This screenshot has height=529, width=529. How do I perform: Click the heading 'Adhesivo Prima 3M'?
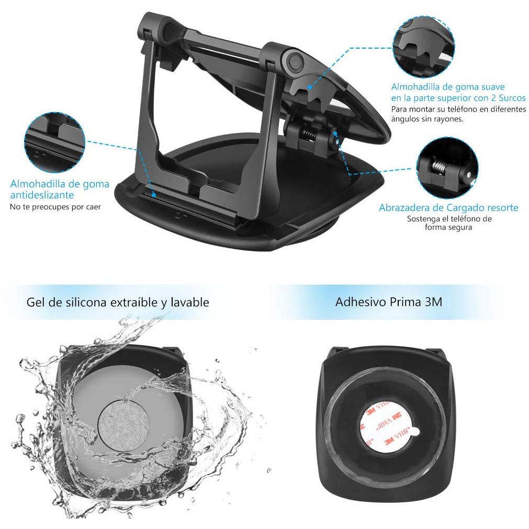[x=389, y=301]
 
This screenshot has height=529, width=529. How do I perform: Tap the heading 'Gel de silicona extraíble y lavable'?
[x=118, y=302]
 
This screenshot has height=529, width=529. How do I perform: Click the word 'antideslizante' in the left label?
[x=42, y=195]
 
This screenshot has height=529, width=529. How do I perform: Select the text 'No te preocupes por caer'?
[x=55, y=207]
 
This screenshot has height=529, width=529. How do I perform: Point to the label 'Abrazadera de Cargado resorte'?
[x=448, y=208]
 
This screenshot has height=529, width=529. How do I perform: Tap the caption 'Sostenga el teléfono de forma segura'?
[x=449, y=223]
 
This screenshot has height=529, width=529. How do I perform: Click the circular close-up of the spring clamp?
[x=447, y=167]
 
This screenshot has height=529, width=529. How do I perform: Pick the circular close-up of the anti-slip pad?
[x=54, y=142]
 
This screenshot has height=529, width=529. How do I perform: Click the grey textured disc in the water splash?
[x=123, y=423]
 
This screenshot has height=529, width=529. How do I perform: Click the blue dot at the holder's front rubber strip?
[x=153, y=195]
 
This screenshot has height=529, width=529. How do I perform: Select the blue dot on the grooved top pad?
[x=309, y=87]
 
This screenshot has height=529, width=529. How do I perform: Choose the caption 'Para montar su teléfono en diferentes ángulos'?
[x=458, y=114]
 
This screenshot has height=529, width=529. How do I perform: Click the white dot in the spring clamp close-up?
[x=469, y=174]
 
